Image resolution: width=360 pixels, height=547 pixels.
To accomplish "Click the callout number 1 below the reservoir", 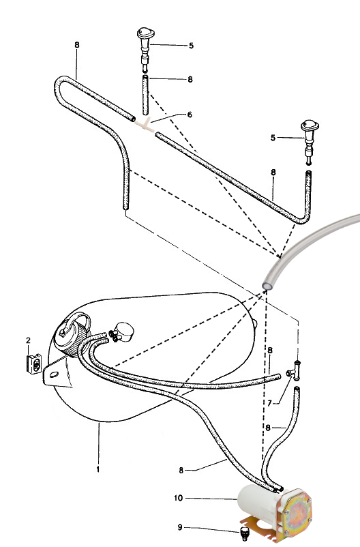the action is coord(98,469).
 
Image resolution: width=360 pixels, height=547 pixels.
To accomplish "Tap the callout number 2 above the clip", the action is coord(28,340).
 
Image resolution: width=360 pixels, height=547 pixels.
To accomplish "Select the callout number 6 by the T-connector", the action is coord(190,115).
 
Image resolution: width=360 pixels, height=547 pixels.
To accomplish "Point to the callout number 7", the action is coord(269,403).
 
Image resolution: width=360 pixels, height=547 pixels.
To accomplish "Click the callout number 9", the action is coord(180,527).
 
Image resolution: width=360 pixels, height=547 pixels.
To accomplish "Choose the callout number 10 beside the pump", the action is coord(178,498).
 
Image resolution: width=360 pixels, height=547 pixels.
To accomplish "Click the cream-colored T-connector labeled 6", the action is coord(145,125).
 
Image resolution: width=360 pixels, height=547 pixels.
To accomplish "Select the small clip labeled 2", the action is coord(35,364).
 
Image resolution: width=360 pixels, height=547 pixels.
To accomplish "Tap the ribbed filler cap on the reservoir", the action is coord(72,336).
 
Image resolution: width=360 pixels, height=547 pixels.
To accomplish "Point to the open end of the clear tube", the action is coord(267,285).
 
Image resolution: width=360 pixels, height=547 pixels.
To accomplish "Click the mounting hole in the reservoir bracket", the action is coord(54,374).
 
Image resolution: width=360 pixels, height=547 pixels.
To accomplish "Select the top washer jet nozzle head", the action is coord(145,33).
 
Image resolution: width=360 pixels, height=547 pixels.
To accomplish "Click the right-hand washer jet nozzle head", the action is coord(310,125).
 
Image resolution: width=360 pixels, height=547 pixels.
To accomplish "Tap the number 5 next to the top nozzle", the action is coord(191,46).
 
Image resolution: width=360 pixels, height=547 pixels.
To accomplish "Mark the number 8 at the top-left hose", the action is coord(77,44).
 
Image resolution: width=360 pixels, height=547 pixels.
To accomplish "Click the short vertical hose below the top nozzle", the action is coord(145,95).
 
